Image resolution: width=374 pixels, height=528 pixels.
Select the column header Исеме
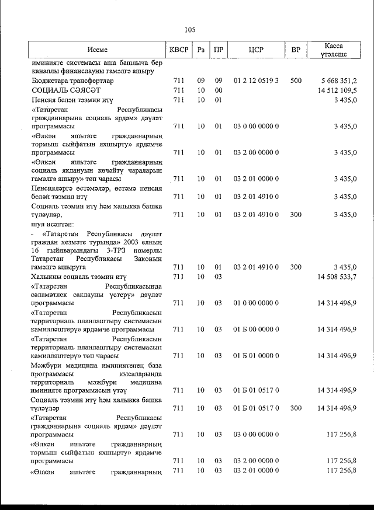click(98, 50)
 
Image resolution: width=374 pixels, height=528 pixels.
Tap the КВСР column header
click(178, 50)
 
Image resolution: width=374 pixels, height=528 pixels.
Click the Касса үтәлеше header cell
click(334, 50)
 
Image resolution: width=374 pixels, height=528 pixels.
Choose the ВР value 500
click(296, 81)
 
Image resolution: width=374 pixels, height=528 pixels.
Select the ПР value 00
click(219, 90)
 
